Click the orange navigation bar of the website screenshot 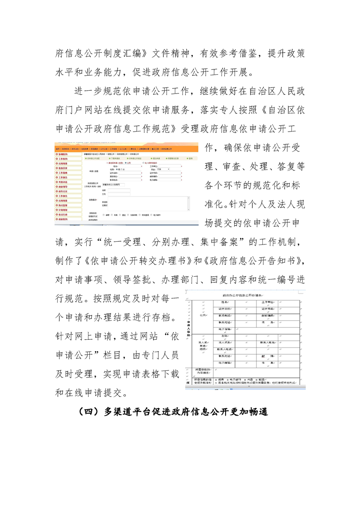[127, 148]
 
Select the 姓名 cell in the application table [225, 302]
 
